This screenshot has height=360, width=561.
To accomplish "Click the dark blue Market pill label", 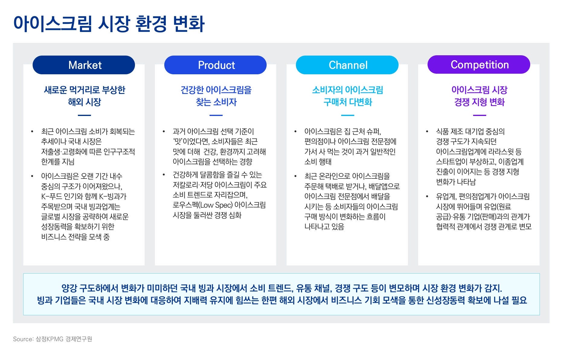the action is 84,65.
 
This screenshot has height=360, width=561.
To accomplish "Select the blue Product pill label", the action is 215,65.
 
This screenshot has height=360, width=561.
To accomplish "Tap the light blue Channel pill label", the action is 347,65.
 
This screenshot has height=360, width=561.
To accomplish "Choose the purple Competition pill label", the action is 479,65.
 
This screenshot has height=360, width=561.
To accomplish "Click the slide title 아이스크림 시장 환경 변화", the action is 109,24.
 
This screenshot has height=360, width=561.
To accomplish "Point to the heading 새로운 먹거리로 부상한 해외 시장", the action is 85,96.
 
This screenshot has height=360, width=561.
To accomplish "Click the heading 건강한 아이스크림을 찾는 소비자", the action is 216,96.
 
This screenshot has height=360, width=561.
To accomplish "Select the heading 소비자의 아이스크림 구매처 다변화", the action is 348,96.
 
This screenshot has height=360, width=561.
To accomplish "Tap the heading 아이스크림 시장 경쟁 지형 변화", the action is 479,96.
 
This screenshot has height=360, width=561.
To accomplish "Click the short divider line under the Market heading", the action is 84,115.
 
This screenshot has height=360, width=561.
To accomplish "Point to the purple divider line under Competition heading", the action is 479,115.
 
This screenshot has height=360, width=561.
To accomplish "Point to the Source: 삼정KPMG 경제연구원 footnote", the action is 53,339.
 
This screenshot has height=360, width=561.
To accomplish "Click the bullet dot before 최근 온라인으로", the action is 295,176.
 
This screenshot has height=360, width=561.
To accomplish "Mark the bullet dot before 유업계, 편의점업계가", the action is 427,197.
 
